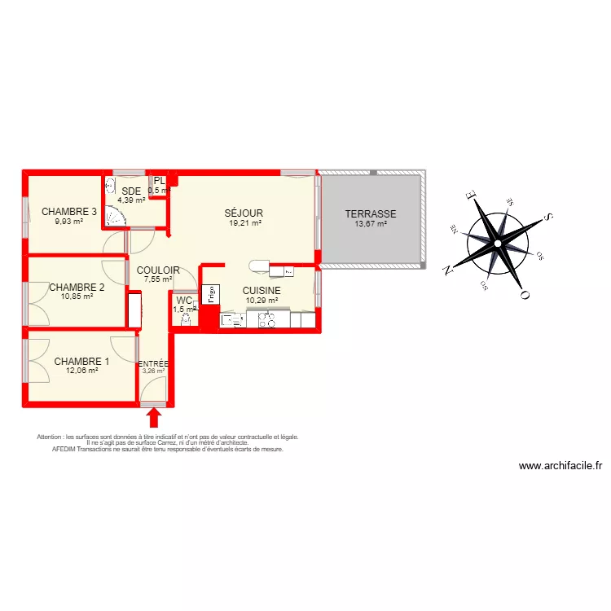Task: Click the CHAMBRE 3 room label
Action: tap(69, 212)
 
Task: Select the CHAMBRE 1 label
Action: tap(81, 361)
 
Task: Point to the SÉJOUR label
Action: tap(244, 213)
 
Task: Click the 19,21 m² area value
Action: tap(244, 223)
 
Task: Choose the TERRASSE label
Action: tap(371, 214)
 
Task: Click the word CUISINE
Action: tap(262, 290)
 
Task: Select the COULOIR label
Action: tap(158, 270)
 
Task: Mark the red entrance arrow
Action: tap(153, 417)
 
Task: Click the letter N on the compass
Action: tap(447, 268)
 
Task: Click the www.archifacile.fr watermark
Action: tap(560, 467)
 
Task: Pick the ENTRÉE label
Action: tap(153, 364)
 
